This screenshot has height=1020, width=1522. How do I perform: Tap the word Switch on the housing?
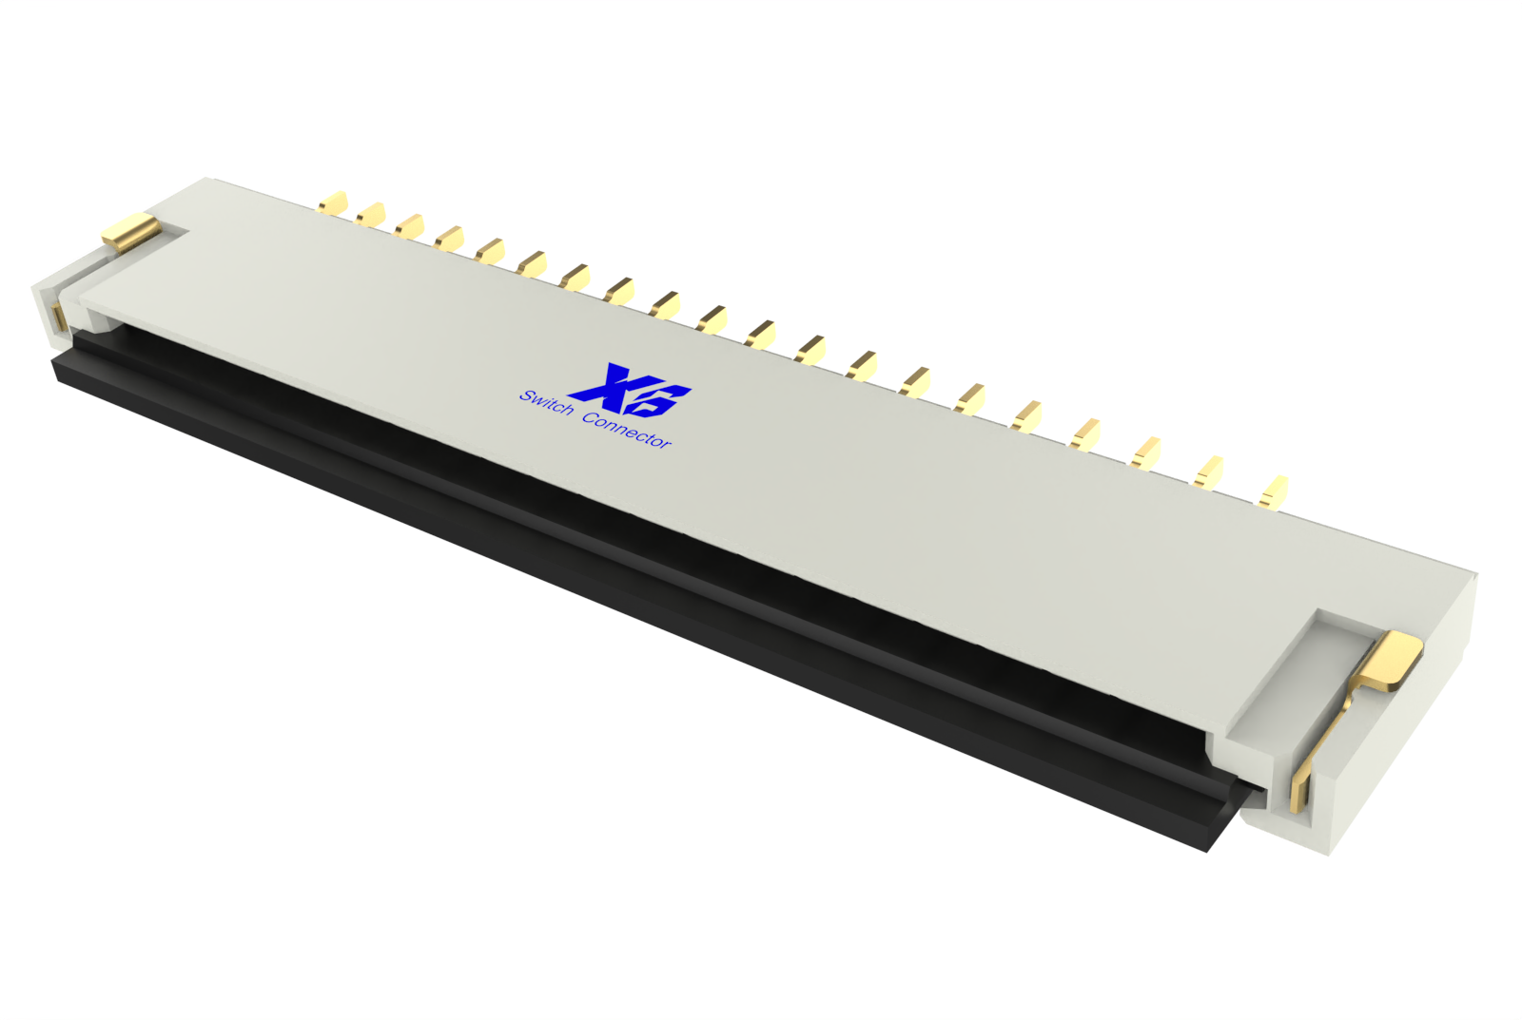tap(546, 402)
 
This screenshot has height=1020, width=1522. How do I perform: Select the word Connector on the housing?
tap(627, 431)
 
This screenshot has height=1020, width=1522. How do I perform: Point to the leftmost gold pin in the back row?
tap(333, 202)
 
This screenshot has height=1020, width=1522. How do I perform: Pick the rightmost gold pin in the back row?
tap(1273, 491)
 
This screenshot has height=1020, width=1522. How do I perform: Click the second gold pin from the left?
tap(370, 214)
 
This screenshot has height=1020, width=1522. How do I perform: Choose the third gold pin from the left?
tap(409, 226)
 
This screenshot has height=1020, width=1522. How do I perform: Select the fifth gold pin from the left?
tap(490, 251)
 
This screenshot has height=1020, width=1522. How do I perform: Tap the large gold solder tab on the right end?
tap(1391, 658)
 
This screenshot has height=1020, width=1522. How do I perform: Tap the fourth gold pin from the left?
tap(449, 238)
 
